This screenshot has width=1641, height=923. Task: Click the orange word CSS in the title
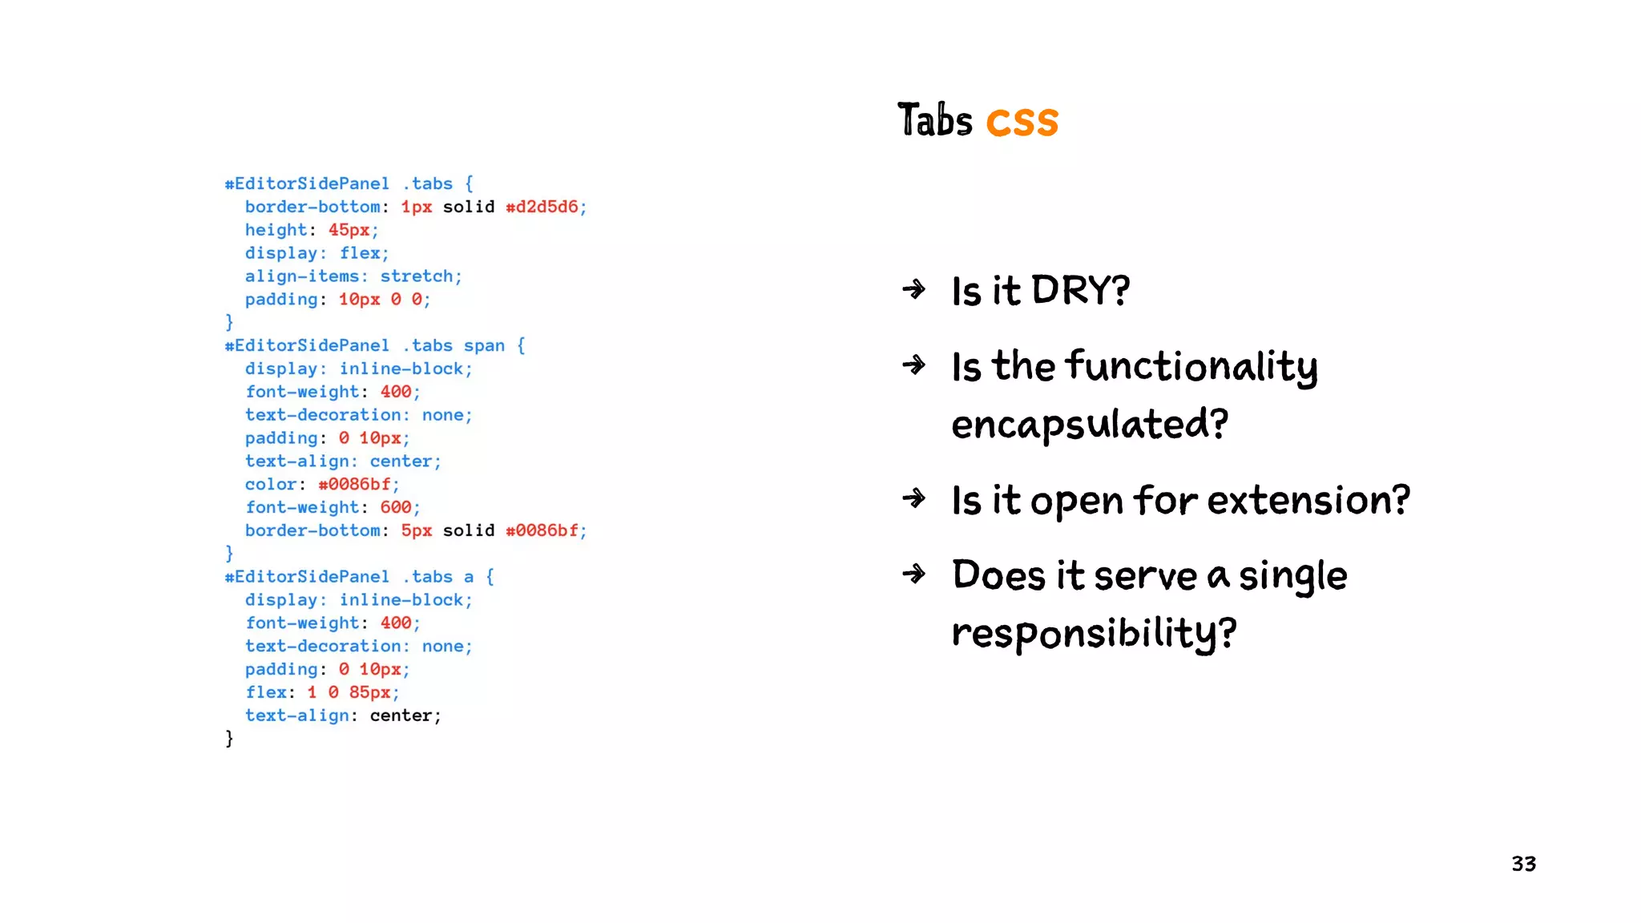(x=1022, y=123)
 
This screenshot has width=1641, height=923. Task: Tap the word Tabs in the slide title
(x=934, y=121)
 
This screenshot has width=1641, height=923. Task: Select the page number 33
(x=1523, y=864)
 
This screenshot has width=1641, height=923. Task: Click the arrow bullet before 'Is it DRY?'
(x=914, y=289)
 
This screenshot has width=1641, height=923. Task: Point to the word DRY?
(x=1080, y=290)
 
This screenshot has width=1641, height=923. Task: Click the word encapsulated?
(x=1090, y=424)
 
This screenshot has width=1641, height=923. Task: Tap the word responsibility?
(x=1094, y=633)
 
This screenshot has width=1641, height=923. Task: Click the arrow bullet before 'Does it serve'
(x=914, y=574)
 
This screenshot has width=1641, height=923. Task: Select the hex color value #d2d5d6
(x=542, y=207)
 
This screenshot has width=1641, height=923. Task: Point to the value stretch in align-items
(x=417, y=276)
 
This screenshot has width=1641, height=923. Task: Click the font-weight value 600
(x=396, y=507)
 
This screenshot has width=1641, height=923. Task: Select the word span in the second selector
(x=484, y=345)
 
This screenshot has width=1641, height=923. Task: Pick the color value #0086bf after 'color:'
(x=354, y=484)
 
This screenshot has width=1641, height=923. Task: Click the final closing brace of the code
(x=229, y=738)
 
